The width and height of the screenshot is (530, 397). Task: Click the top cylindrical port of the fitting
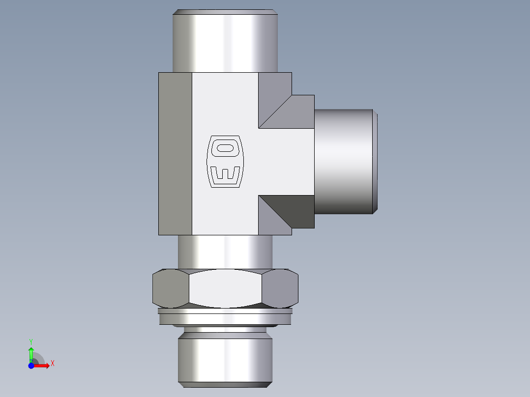coord(225,42)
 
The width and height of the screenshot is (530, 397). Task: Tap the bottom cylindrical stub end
coord(225,359)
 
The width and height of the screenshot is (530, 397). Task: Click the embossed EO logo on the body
coord(225,161)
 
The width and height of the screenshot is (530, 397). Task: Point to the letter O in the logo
coord(225,147)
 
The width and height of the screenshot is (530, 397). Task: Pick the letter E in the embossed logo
coord(225,174)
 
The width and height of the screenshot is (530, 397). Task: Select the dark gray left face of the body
coord(175,153)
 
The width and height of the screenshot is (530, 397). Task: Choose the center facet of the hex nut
coord(225,288)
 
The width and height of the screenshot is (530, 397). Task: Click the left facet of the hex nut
coord(170,288)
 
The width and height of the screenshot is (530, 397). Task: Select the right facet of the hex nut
coord(280,288)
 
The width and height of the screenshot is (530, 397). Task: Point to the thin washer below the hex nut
coord(225,311)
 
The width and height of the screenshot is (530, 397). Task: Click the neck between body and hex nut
coord(225,252)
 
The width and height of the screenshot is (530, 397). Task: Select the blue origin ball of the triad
coord(31,366)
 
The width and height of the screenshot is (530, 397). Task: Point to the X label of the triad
coord(53,364)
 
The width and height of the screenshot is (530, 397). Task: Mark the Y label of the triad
coord(31,340)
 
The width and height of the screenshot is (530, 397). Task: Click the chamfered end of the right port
coord(375,161)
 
